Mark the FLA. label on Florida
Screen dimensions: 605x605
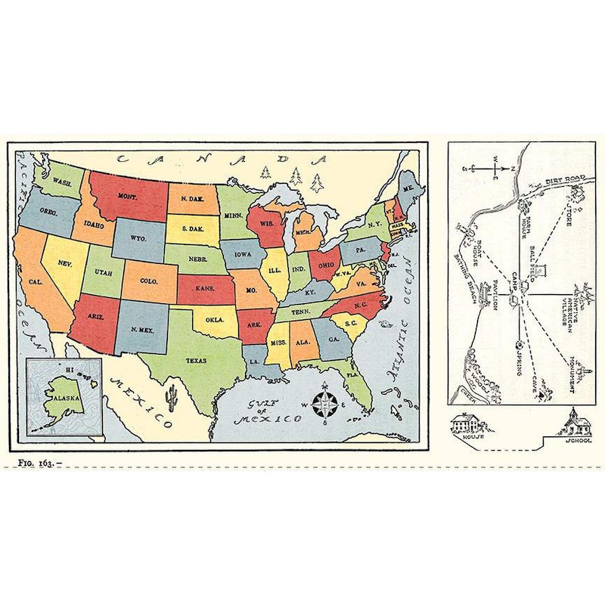(x=352, y=374)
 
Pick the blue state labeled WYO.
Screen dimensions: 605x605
(x=138, y=237)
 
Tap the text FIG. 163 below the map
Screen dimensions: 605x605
(x=38, y=461)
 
